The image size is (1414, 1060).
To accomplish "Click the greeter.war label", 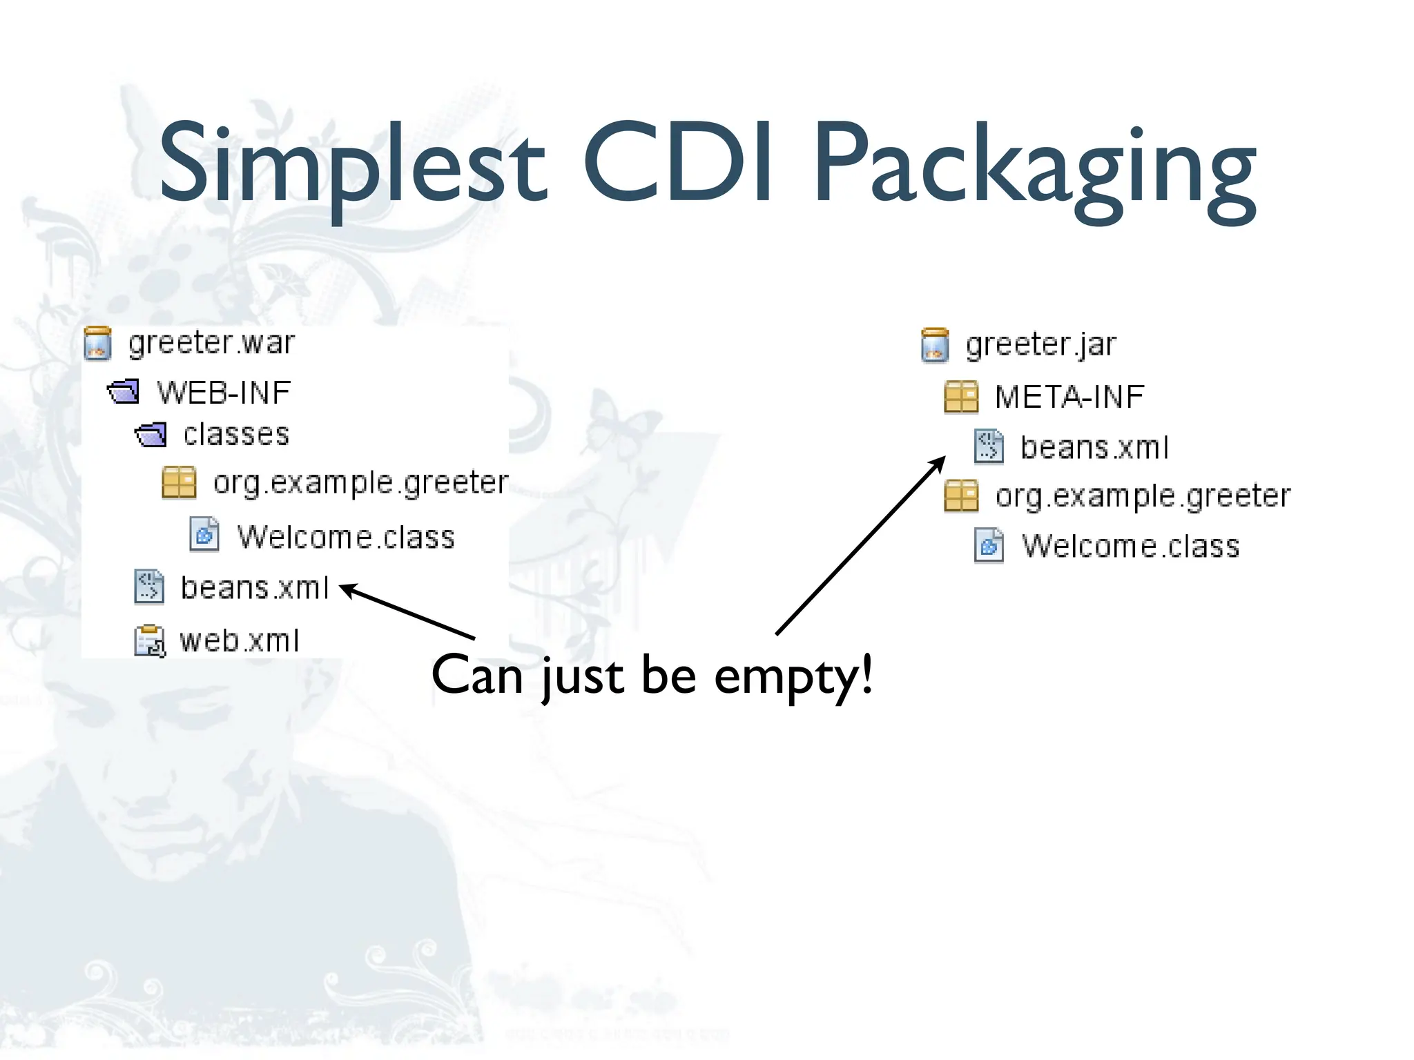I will (211, 343).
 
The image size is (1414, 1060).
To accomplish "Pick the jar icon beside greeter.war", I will (97, 344).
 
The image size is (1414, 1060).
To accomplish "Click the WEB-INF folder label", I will (224, 393).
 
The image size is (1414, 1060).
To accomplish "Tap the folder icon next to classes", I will (151, 435).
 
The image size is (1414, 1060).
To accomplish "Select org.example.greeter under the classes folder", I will (360, 482).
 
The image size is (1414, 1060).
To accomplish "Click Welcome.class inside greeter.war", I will (346, 537).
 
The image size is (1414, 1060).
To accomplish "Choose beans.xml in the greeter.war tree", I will (254, 588).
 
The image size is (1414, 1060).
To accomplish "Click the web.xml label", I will (239, 640).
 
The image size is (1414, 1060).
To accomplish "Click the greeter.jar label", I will (1040, 344).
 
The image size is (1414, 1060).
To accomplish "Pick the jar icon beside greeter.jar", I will (935, 345).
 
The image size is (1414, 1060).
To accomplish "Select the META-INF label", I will (1069, 397).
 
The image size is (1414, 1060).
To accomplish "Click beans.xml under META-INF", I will (1094, 447).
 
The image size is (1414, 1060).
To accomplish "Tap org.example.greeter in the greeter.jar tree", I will (1143, 496).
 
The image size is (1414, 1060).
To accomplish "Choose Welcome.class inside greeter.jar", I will (1130, 546).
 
